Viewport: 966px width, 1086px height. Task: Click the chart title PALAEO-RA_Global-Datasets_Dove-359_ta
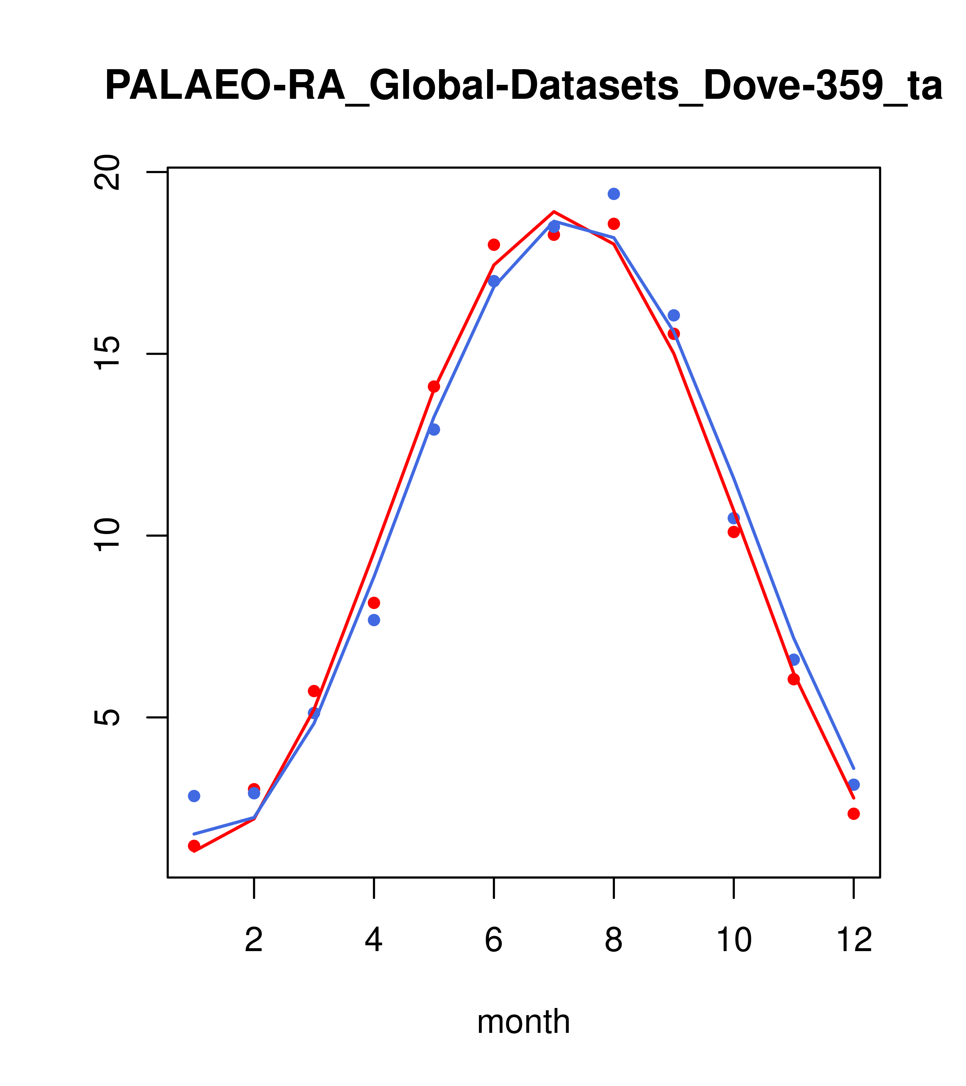click(524, 86)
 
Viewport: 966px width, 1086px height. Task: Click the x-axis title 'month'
click(523, 1021)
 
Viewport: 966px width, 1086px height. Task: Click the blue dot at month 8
click(614, 194)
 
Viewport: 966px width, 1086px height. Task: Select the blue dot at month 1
click(194, 796)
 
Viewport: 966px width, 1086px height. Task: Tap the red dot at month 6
click(494, 245)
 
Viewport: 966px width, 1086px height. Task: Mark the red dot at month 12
click(854, 813)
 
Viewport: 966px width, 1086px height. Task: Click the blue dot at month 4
click(374, 620)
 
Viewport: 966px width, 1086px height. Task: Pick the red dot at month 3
click(314, 691)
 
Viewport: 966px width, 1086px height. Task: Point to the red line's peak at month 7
click(554, 212)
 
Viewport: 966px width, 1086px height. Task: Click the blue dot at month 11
click(794, 660)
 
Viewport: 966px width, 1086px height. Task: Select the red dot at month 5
click(434, 386)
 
